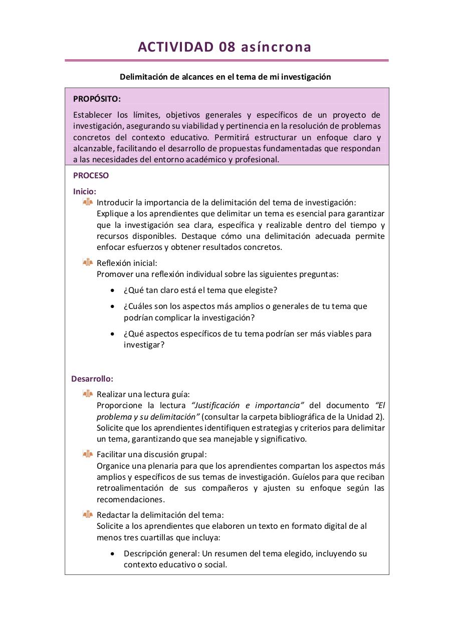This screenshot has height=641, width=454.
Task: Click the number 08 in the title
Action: coord(229,47)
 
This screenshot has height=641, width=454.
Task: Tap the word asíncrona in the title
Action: coord(276,47)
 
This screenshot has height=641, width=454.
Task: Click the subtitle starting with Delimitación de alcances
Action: coord(225,77)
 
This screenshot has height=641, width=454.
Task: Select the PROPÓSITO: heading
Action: coord(97,99)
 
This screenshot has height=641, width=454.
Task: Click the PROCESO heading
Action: coord(91,176)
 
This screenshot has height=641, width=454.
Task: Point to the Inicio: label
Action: coord(85,191)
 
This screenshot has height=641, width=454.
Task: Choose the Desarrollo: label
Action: coord(92,379)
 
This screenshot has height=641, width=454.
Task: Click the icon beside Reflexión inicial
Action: coord(88,262)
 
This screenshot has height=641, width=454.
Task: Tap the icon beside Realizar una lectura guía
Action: coord(88,394)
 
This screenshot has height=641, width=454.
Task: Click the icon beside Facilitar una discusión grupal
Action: coord(88,454)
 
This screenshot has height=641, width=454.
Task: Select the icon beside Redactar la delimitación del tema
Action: coord(88,514)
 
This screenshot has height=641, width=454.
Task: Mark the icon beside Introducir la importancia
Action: coord(88,202)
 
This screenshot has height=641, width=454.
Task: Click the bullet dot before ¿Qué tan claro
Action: coord(113,290)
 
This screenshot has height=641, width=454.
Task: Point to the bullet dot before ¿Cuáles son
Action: coord(113,306)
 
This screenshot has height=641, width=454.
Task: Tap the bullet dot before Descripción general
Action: coord(113,554)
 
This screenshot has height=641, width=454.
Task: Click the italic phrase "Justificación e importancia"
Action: coord(248,405)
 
